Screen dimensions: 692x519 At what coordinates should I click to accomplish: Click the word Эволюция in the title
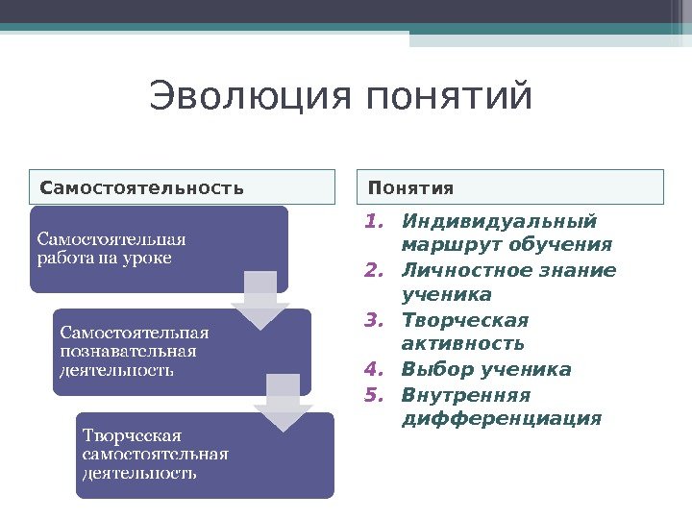click(252, 97)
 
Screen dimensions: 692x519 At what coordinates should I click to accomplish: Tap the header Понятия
click(411, 186)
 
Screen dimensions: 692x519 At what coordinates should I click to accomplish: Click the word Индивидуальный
click(500, 222)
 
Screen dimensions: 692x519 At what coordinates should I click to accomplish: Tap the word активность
click(463, 344)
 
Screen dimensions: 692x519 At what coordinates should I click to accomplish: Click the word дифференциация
click(502, 420)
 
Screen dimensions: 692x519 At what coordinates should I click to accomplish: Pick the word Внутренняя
click(467, 395)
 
